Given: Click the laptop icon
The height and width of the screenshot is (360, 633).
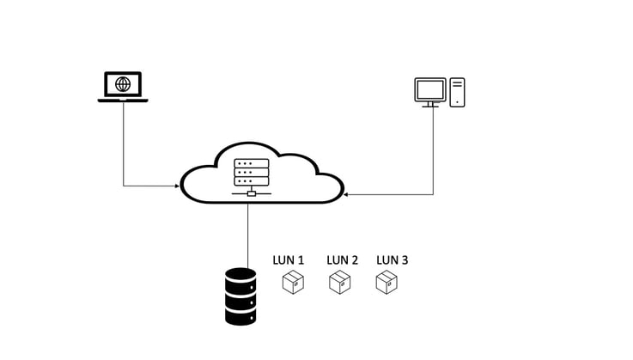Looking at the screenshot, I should tap(123, 87).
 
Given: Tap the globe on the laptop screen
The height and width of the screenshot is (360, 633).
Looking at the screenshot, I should tap(123, 83).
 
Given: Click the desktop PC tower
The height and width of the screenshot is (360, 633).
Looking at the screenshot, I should tap(458, 92).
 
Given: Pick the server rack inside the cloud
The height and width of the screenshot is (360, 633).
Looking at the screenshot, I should tap(251, 172).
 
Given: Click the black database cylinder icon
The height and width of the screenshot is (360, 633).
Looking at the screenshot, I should tap(240, 296).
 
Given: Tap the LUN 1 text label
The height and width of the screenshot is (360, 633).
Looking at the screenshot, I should tap(289, 259).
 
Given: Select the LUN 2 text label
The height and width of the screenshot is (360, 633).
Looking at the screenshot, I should tap(343, 259).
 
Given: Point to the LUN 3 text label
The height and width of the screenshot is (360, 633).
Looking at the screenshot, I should tap(393, 259).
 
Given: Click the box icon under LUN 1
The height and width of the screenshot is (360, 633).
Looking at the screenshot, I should tap(294, 282).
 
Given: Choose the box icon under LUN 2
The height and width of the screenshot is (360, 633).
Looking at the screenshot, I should tap(341, 282).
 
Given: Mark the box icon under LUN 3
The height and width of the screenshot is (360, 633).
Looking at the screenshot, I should tap(386, 282).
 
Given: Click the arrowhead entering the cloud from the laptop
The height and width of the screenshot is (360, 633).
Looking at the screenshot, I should tap(176, 185).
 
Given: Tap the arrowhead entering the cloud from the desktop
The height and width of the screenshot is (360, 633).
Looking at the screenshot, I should tap(347, 194).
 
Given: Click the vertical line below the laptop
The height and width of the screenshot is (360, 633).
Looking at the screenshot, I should tap(124, 142).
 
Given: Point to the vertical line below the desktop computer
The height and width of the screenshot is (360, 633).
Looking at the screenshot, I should tap(433, 150).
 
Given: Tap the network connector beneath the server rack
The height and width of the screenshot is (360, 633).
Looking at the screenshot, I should tap(251, 192).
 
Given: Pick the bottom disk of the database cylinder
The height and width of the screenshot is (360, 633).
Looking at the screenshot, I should tap(240, 315).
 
